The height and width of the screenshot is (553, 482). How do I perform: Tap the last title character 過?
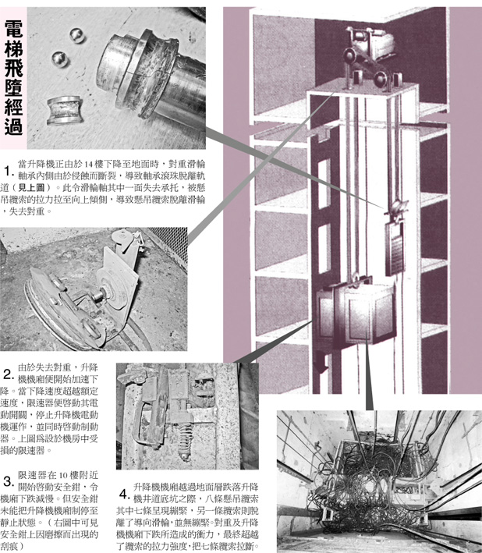13,126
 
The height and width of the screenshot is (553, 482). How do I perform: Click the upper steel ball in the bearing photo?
77,35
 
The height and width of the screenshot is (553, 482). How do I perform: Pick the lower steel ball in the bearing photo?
60,59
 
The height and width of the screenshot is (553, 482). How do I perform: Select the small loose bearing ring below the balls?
66,110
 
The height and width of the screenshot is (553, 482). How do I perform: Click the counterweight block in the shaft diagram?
395,248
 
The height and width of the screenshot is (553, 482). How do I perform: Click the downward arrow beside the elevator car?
320,361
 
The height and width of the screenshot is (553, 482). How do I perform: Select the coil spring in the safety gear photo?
185,439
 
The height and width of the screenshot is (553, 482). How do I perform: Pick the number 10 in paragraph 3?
62,475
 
